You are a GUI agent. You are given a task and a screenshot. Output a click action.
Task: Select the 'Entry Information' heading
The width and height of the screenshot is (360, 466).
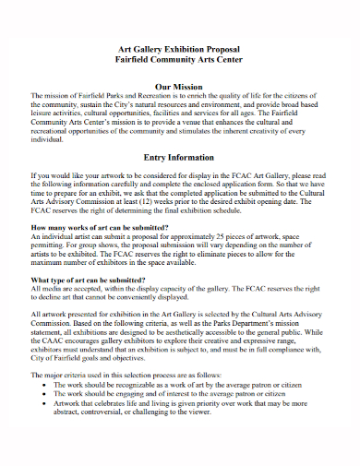(x=181, y=157)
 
